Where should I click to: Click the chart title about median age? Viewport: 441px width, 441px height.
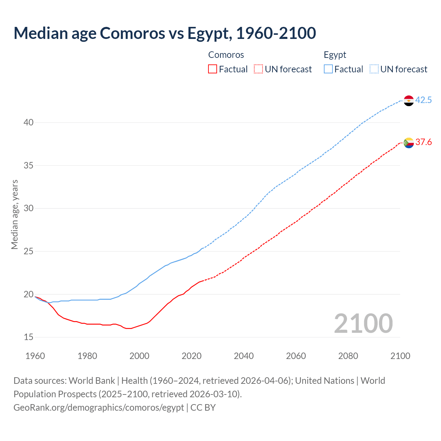point(165,33)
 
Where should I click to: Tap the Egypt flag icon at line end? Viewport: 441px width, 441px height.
point(409,101)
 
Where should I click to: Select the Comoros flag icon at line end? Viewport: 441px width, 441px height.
point(409,143)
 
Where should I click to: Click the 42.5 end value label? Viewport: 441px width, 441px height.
point(423,100)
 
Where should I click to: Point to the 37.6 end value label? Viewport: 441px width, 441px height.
point(423,142)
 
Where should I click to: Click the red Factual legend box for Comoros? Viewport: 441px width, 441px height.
point(213,69)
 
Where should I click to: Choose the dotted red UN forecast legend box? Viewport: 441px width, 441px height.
point(258,69)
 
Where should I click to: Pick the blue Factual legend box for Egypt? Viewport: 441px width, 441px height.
point(328,69)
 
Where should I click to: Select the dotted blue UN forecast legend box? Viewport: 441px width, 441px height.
point(374,69)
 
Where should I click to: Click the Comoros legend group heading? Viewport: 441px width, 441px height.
point(226,55)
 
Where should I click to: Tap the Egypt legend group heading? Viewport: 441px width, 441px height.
point(335,55)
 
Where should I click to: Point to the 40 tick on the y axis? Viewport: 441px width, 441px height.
point(29,123)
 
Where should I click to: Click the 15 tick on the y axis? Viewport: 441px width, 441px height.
point(29,337)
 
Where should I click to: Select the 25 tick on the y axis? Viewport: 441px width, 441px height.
point(29,252)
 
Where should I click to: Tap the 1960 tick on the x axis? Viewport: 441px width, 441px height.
point(35,356)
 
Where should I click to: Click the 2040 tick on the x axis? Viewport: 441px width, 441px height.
point(244,356)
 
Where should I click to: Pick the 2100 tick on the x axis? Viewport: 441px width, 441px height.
point(400,356)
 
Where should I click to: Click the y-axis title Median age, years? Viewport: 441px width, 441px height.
point(14,214)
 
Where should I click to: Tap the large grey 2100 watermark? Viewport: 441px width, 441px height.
point(363,324)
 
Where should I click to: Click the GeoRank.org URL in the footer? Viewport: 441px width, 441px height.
point(99,408)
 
